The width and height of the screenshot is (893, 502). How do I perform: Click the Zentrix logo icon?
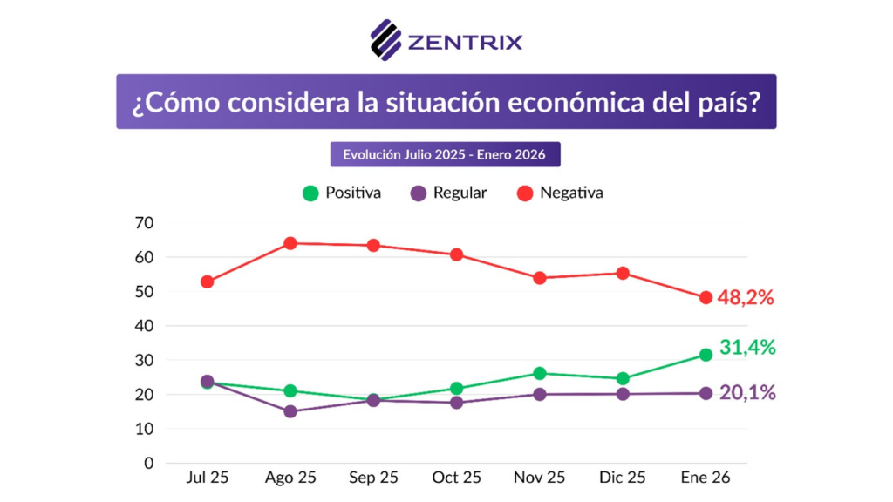[385, 39]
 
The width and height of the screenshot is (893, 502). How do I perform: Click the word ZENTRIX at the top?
[464, 41]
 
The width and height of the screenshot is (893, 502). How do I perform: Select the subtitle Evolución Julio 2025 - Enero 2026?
[445, 154]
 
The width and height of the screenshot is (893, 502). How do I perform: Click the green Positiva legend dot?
[310, 193]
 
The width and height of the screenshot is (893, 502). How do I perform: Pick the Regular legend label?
[460, 193]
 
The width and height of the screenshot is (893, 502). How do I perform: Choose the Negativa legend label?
[571, 193]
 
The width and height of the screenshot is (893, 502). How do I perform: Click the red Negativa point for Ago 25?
[290, 243]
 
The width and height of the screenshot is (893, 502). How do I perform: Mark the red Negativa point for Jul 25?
[207, 282]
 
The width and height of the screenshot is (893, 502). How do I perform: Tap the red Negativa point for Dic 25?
[623, 273]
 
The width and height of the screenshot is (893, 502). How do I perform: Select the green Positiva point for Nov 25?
[540, 373]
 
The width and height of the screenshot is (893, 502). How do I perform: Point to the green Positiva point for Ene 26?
[706, 355]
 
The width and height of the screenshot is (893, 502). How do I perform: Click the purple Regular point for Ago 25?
[290, 411]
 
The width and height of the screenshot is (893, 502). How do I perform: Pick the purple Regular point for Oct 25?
[456, 403]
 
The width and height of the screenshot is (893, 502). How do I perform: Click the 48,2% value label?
[746, 298]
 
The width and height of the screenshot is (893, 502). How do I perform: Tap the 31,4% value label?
[747, 347]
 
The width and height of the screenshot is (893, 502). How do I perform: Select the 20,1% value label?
[747, 393]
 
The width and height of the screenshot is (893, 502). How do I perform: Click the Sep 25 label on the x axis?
[373, 478]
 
